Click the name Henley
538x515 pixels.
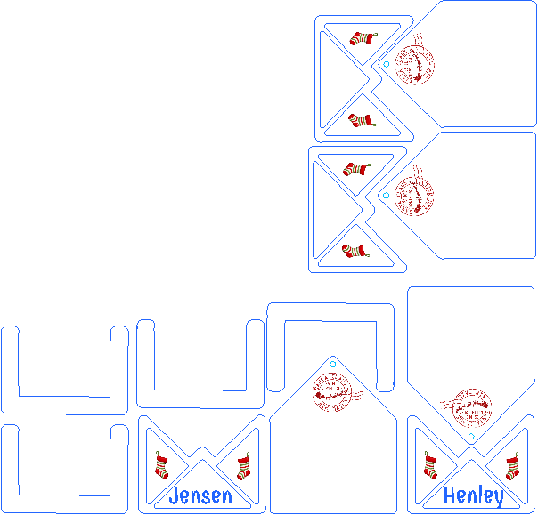coord(473,496)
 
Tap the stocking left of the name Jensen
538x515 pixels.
coord(162,465)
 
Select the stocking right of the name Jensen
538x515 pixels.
coord(242,466)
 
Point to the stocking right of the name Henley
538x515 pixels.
coord(512,467)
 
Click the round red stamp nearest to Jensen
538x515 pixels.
coord(335,391)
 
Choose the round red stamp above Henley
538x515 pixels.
coord(471,407)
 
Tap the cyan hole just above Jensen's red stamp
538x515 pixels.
coord(332,363)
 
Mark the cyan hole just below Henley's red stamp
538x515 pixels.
coord(470,437)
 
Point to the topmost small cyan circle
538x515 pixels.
coord(385,64)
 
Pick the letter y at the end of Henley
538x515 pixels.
coord(497,498)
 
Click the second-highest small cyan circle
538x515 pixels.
coord(384,195)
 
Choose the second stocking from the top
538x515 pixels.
coord(359,119)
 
